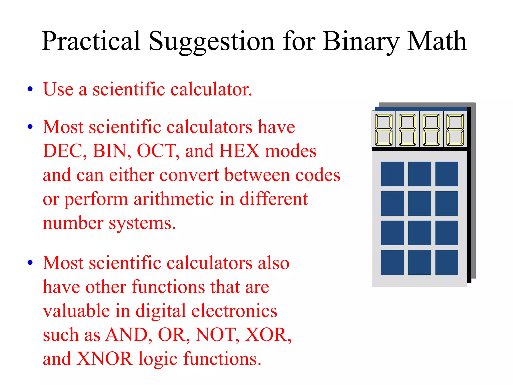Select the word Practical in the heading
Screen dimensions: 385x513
tap(91, 41)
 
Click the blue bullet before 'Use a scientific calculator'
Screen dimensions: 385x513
tap(30, 89)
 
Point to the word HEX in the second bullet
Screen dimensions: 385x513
tap(239, 151)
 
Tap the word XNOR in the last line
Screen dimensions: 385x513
tap(104, 359)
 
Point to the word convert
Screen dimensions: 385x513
tap(189, 175)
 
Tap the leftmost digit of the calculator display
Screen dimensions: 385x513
tap(383, 130)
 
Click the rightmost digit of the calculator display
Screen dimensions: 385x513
tap(455, 130)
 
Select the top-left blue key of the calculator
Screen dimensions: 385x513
tap(392, 174)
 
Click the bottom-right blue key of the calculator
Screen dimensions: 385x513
tap(447, 262)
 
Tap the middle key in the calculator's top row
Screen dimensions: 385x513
tap(420, 174)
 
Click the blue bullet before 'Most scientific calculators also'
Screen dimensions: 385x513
tap(30, 263)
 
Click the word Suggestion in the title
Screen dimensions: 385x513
tap(212, 41)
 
